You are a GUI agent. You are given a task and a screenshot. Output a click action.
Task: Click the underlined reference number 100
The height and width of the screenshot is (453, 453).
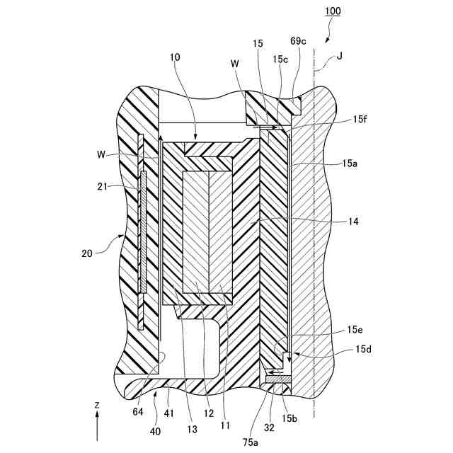pyautogui.click(x=332, y=11)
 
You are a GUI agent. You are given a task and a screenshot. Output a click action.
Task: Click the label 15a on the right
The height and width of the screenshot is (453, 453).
pyautogui.click(x=349, y=164)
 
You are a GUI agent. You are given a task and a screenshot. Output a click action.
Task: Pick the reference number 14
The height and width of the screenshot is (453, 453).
pyautogui.click(x=352, y=222)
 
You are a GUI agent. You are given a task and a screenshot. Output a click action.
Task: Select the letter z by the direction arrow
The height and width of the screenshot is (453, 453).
pyautogui.click(x=97, y=404)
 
